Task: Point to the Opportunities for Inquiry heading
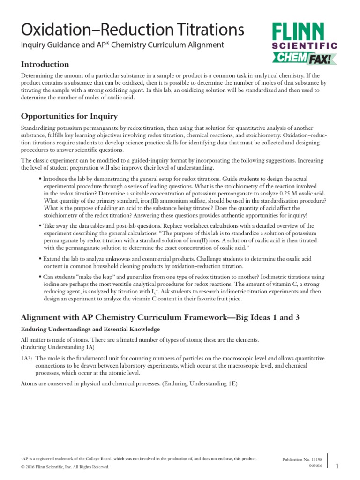click(x=69, y=116)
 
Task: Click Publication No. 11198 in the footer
click(x=300, y=460)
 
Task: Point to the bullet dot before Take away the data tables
click(x=40, y=226)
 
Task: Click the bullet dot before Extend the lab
click(x=40, y=259)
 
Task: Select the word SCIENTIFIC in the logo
click(x=304, y=46)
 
